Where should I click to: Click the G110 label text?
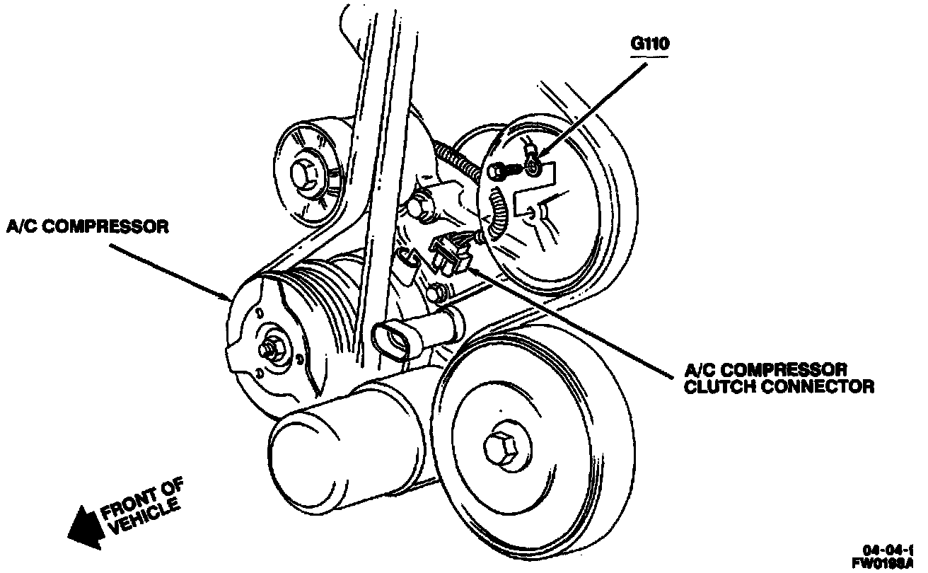tap(650, 43)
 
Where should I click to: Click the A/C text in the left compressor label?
tap(21, 227)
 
